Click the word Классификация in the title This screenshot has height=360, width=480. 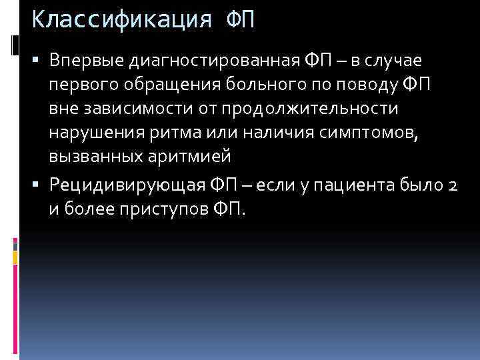click(x=123, y=19)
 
